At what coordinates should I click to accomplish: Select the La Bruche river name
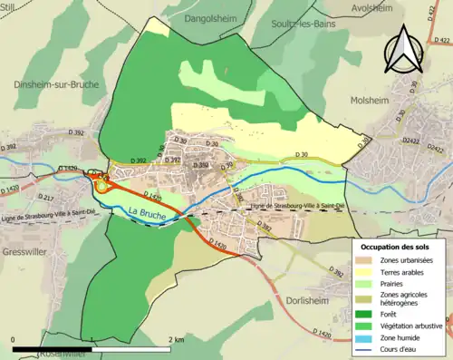[x=148, y=213]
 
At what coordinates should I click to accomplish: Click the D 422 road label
[x=442, y=40]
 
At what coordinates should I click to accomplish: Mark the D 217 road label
[x=47, y=198]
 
